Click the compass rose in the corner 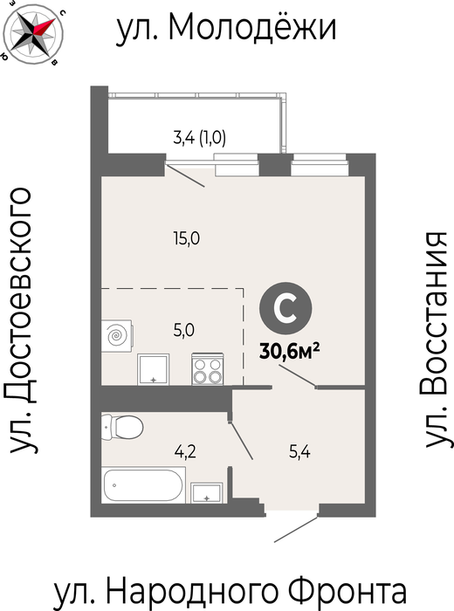point(32,33)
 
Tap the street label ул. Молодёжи point(226,27)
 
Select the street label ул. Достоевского point(21,320)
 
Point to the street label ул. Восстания point(436,340)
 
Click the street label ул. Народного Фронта point(230,591)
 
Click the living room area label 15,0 point(187,238)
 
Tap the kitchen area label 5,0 point(184,331)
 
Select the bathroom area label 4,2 point(185,452)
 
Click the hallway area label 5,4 point(299,452)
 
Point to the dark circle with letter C point(285,308)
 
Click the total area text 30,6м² point(290,353)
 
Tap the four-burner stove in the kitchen point(207,369)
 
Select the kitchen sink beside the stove point(153,369)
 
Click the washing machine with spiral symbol point(116,336)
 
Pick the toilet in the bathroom point(122,427)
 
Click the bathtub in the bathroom point(143,485)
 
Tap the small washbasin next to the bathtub point(207,492)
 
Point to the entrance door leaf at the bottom point(296,529)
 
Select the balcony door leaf point(185,175)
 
